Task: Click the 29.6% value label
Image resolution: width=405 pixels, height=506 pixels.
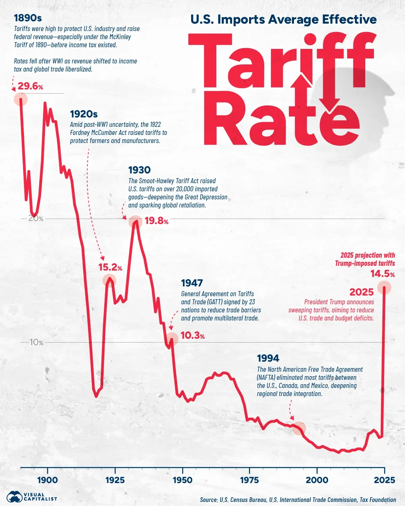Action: [30, 86]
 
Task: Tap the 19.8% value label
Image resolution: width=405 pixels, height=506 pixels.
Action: [156, 221]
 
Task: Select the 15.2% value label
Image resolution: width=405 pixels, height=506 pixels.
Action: [110, 268]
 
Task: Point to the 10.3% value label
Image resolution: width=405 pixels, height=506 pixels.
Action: [192, 335]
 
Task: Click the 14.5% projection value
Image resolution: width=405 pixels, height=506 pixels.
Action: [382, 274]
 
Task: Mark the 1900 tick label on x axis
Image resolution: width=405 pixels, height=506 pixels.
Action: [48, 480]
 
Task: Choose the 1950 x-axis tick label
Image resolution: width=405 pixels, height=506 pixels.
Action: [182, 480]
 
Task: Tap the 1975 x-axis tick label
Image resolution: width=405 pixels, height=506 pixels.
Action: [249, 480]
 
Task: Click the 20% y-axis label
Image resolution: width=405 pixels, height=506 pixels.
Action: [36, 218]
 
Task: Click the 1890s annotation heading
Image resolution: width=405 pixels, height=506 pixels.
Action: [28, 18]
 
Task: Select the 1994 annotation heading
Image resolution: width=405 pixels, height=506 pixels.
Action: [268, 358]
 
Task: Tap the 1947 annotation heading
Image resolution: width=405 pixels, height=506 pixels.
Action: [192, 283]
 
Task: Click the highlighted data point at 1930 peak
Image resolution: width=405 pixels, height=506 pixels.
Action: [135, 222]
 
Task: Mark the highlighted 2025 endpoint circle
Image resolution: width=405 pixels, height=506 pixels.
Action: [384, 288]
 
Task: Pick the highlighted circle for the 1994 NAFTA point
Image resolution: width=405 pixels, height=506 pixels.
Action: [299, 428]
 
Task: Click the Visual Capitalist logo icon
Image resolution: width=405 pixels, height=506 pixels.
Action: [14, 497]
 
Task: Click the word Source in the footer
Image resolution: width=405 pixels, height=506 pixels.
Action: [209, 500]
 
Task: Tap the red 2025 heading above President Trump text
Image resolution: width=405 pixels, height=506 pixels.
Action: [361, 292]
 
